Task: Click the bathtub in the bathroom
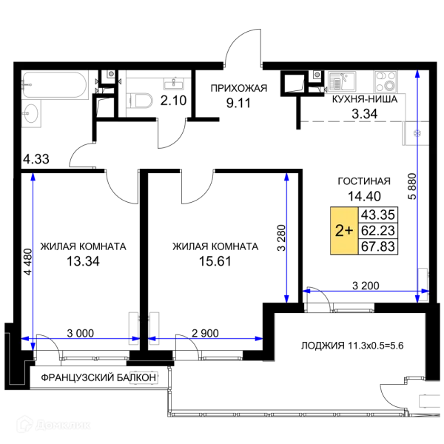55,85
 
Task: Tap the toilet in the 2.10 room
139,101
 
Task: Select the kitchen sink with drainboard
342,81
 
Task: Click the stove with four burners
385,81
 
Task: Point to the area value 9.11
238,103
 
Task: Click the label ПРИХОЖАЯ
239,88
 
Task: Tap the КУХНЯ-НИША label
364,99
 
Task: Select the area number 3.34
364,114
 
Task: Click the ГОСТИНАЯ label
364,181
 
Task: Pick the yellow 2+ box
344,231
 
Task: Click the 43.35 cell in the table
378,215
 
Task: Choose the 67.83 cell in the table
378,246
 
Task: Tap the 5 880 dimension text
412,186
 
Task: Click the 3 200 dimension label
366,286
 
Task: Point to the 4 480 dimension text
28,262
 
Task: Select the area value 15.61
215,261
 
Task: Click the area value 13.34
83,261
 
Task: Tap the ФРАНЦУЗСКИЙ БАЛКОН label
98,377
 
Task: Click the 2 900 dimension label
205,333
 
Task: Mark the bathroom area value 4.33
36,159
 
